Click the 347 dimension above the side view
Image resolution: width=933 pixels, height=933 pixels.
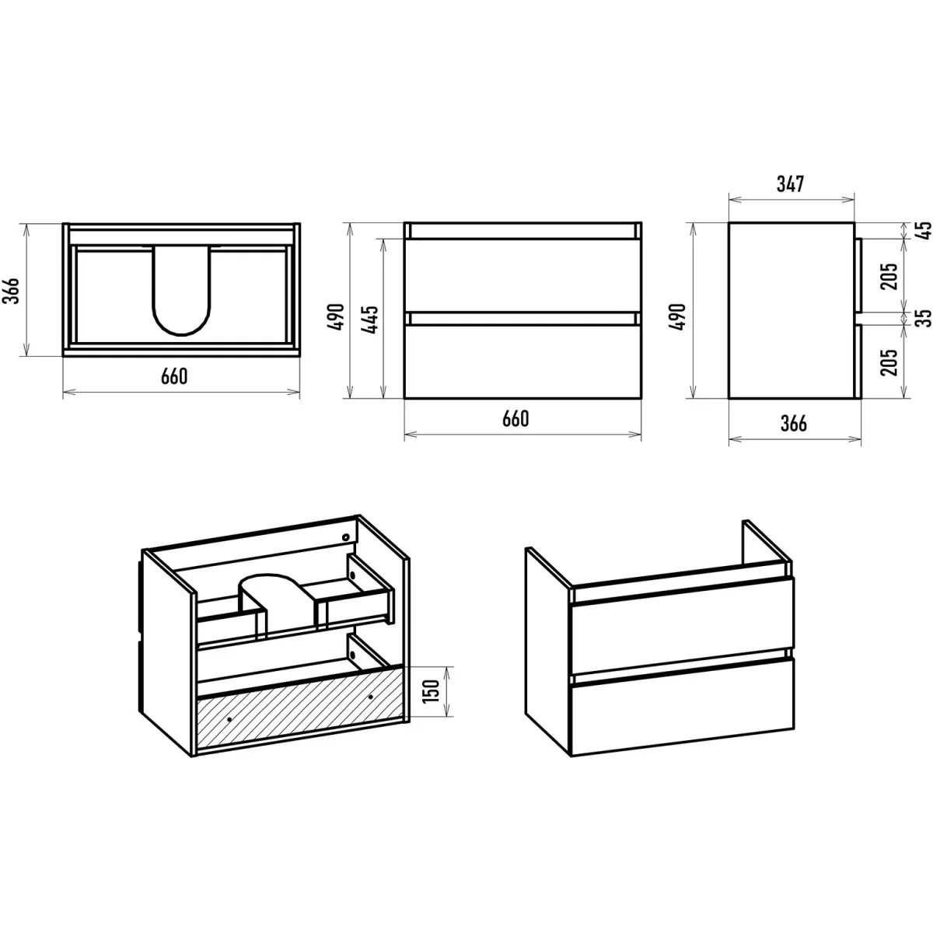790,184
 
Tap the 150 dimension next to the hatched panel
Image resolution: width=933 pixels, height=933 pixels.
432,690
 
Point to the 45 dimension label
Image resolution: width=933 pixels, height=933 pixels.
924,230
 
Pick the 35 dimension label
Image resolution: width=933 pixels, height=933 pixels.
924,318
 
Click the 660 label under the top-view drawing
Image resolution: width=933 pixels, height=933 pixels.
174,376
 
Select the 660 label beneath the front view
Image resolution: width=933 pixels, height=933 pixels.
515,419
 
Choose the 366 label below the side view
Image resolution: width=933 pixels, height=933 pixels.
794,424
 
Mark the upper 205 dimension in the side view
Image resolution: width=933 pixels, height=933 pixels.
889,277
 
